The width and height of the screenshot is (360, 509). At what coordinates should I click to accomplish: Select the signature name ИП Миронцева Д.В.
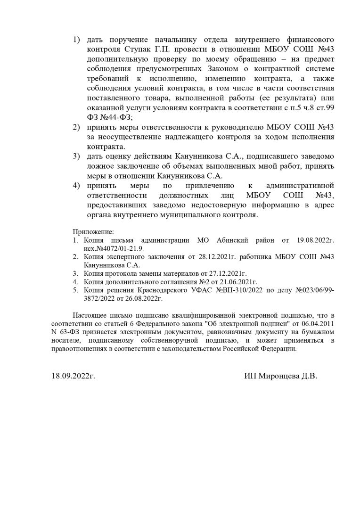(281, 376)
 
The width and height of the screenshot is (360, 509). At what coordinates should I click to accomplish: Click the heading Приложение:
(93, 232)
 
